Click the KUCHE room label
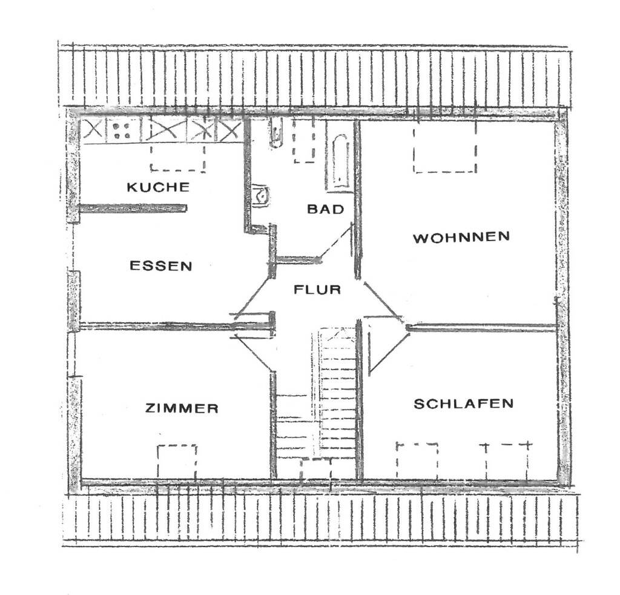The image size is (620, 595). (x=157, y=187)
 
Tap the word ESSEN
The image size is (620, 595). (x=161, y=265)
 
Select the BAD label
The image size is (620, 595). (x=325, y=210)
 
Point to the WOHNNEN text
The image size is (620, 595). (x=461, y=237)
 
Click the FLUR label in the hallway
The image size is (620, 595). (x=317, y=290)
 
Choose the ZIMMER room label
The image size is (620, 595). (x=182, y=408)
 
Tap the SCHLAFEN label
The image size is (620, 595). (x=463, y=404)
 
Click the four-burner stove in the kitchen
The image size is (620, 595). (x=124, y=130)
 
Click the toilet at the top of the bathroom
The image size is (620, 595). (x=276, y=133)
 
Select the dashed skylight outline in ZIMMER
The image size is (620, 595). (x=177, y=460)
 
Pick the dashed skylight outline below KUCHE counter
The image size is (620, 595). (x=177, y=157)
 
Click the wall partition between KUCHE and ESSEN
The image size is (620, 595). (x=133, y=208)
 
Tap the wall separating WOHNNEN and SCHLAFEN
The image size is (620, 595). (x=481, y=328)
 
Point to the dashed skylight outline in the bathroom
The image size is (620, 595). (x=305, y=140)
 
